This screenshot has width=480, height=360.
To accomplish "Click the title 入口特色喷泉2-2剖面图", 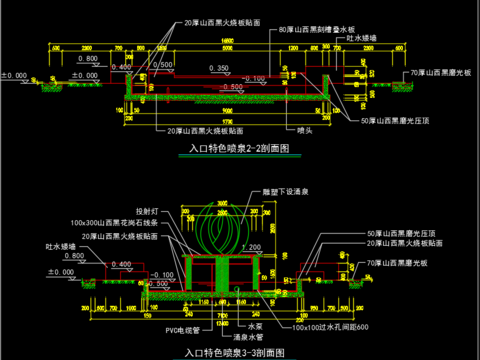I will (239, 148).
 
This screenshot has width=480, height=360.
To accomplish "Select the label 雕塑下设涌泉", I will (284, 189).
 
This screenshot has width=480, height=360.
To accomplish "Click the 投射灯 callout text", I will (148, 212).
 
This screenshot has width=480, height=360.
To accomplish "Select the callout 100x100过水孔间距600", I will (329, 326).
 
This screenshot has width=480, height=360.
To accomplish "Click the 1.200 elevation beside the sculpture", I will (252, 246).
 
